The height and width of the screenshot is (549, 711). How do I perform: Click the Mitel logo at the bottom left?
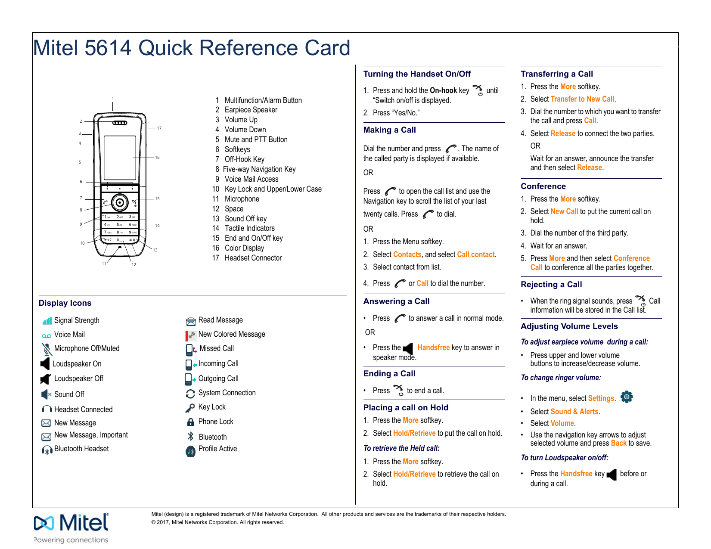pyautogui.click(x=71, y=523)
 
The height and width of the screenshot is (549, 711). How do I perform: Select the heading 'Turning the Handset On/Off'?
pyautogui.click(x=417, y=74)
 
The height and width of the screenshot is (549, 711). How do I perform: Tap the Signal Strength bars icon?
pyautogui.click(x=47, y=321)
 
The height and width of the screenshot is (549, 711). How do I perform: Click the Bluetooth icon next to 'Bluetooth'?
pyautogui.click(x=191, y=437)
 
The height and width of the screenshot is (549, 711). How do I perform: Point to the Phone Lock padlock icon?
pyautogui.click(x=190, y=422)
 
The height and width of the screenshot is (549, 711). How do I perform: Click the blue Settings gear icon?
pyautogui.click(x=627, y=397)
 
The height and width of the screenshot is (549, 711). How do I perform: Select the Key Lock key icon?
pyautogui.click(x=190, y=408)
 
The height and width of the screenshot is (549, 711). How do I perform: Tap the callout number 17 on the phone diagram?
pyautogui.click(x=159, y=128)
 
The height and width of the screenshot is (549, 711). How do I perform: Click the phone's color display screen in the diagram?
pyautogui.click(x=120, y=157)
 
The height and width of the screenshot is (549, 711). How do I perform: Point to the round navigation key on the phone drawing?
pyautogui.click(x=120, y=202)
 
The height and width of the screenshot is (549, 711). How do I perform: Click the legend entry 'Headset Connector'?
pyautogui.click(x=253, y=258)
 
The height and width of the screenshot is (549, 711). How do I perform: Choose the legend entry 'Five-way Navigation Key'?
pyautogui.click(x=259, y=169)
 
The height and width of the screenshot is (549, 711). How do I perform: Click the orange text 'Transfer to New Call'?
pyautogui.click(x=582, y=99)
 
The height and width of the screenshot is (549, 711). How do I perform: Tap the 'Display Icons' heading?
pyautogui.click(x=65, y=303)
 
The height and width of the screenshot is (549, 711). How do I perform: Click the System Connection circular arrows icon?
pyautogui.click(x=190, y=394)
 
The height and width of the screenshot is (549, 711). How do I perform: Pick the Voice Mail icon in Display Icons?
pyautogui.click(x=46, y=336)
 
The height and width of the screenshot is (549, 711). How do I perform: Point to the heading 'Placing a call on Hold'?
pyautogui.click(x=406, y=408)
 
